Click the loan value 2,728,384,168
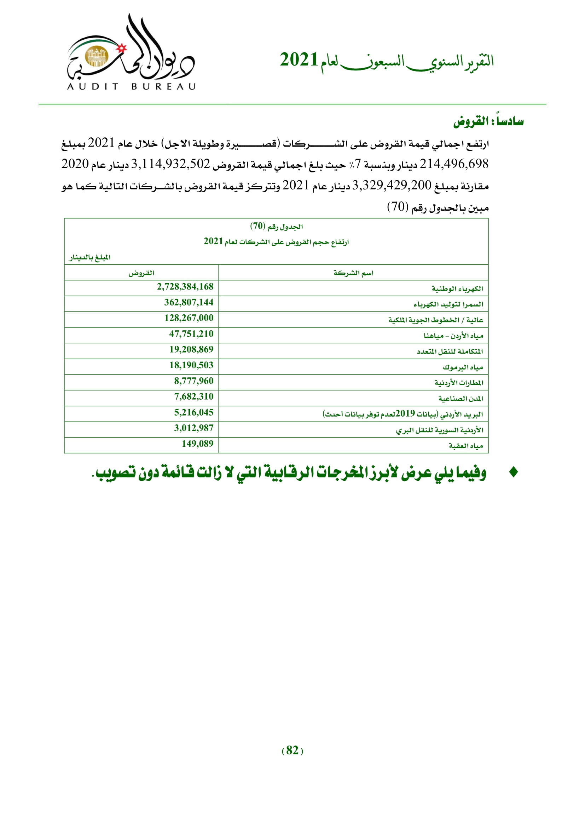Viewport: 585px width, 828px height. pos(185,287)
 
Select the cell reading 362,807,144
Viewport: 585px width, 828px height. pos(189,302)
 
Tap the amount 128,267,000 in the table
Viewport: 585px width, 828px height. pos(189,318)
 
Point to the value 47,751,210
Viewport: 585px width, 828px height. pos(191,334)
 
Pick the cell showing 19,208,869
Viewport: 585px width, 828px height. pos(191,349)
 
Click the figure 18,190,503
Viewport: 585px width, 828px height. pos(191,365)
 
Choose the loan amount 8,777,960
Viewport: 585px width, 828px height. pos(194,381)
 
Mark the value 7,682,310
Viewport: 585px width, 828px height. pos(194,397)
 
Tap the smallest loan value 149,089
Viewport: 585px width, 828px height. pos(197,444)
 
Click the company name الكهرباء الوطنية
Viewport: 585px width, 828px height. pos(457,289)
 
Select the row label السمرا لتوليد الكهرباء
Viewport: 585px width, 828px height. pos(448,305)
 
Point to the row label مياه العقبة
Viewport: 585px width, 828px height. pos(465,446)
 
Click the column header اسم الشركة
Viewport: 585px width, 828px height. pos(353,273)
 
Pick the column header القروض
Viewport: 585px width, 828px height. pos(141,273)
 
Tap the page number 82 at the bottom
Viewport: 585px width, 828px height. pos(292,750)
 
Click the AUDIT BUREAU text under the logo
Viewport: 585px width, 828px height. pos(132,86)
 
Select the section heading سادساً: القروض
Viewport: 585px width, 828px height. pos(488,121)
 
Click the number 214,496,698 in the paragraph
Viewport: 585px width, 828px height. pos(454,164)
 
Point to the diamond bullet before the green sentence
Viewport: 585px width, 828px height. pos(513,473)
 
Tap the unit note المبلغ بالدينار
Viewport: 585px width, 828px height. pos(90,257)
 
